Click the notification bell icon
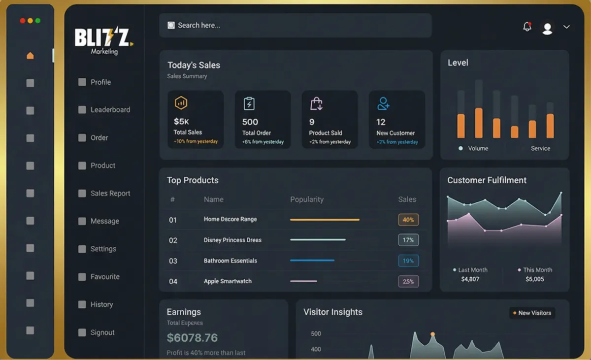coord(527,27)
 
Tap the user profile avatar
coord(547,28)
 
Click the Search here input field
coord(295,25)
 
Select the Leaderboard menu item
coord(110,110)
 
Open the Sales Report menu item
coord(110,194)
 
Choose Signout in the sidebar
coord(102,332)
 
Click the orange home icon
coord(30,56)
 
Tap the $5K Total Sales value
coord(181,121)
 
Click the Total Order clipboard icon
coord(249,103)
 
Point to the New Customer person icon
coord(383,103)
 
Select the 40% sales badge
coord(408,220)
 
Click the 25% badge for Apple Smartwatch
coord(408,282)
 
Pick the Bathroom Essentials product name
coord(230,261)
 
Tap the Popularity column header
coord(307,199)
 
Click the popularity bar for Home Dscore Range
coord(325,220)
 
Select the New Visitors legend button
coord(532,313)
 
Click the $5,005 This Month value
coord(534,279)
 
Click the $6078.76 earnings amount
coord(192,338)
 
